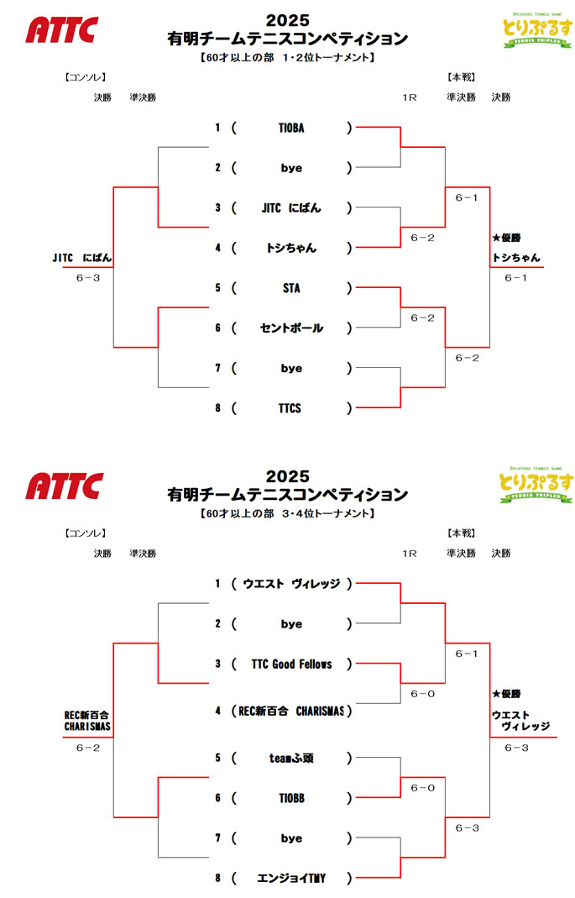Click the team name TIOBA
290,129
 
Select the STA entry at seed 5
290,289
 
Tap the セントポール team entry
290,328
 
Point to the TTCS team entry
290,409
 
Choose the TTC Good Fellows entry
291,664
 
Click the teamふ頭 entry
290,758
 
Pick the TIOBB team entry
290,798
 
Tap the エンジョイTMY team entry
290,879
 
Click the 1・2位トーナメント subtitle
287,58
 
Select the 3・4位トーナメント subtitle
287,513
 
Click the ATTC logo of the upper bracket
61,30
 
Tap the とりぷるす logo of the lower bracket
536,485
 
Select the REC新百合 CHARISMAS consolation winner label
88,721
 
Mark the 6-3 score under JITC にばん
87,278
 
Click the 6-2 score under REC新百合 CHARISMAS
87,747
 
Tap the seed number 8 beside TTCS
217,409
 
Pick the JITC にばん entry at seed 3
290,208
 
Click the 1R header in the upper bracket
410,97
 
